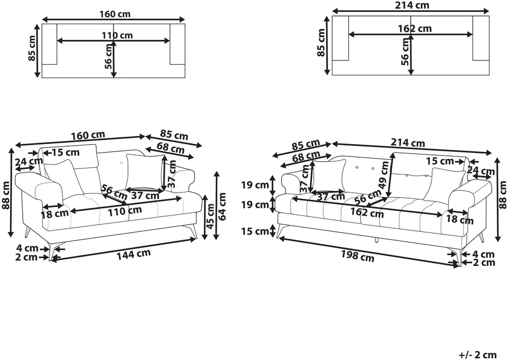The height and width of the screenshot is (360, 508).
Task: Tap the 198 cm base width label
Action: tap(357, 256)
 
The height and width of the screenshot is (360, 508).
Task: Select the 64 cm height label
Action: tap(221, 207)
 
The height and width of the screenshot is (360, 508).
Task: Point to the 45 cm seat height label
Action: tap(211, 216)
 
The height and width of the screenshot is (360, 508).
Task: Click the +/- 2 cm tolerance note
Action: tap(478, 355)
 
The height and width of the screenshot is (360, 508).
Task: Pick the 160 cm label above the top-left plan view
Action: tap(115, 14)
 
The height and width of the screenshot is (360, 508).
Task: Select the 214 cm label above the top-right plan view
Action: tap(412, 5)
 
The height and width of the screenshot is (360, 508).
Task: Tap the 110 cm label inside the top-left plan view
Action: tap(117, 35)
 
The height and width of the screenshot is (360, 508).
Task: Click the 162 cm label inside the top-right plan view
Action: tap(415, 29)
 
